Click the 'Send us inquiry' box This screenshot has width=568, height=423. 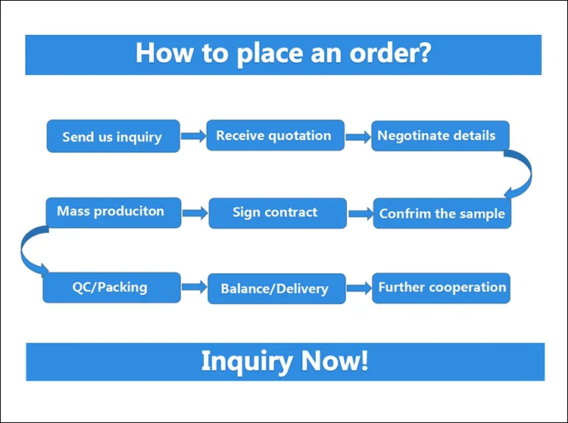[x=113, y=136]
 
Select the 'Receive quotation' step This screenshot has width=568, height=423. [x=275, y=135]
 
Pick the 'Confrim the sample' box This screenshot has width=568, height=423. [x=442, y=213]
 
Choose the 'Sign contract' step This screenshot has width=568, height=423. [x=277, y=213]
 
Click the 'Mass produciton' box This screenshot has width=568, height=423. [x=111, y=211]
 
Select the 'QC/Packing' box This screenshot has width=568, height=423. [x=111, y=288]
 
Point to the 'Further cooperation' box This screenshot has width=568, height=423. [x=441, y=288]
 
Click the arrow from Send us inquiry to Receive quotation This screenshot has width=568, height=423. [x=193, y=137]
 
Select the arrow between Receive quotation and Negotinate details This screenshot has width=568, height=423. [x=358, y=137]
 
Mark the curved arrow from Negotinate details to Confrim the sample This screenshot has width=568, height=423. [x=521, y=172]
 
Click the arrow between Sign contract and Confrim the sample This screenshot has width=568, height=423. [x=360, y=213]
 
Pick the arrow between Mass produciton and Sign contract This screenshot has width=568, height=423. [x=195, y=213]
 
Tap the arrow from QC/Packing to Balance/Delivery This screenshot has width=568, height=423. [x=194, y=288]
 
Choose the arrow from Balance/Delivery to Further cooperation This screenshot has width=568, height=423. [x=359, y=288]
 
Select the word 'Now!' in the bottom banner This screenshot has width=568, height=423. [x=335, y=361]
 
